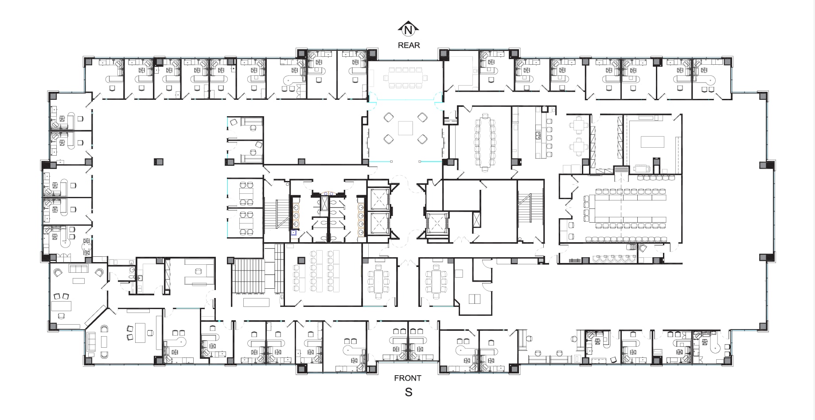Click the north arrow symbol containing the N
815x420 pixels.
pos(408,30)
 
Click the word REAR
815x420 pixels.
pos(409,45)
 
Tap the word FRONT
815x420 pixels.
pos(407,378)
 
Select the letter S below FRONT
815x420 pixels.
pos(408,392)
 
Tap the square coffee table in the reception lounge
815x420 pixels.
pos(406,128)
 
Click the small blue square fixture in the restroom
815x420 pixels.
pos(293,232)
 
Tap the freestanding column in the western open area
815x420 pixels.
pos(158,162)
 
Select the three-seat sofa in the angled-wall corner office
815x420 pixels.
pos(79,269)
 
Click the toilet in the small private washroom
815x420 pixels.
pos(132,277)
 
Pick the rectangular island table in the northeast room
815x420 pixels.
pos(652,141)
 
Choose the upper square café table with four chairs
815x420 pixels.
pos(579,125)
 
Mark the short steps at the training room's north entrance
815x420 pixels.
pos(621,170)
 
